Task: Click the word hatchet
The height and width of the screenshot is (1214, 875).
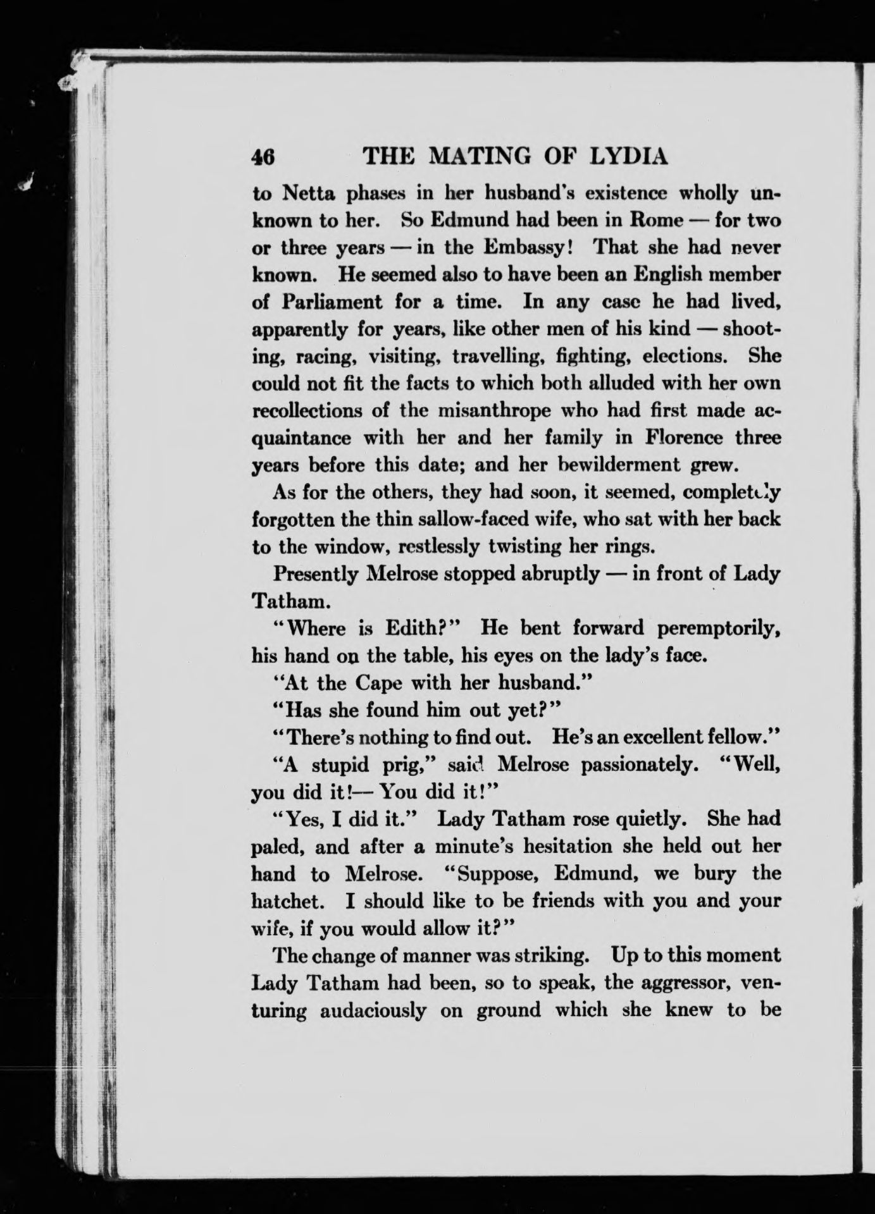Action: coord(287,900)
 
